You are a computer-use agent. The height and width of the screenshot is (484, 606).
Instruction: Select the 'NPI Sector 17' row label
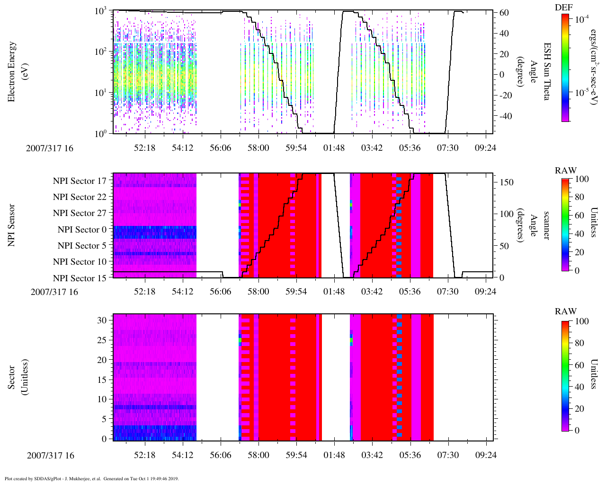click(x=80, y=181)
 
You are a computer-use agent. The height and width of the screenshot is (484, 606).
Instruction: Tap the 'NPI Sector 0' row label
click(x=82, y=230)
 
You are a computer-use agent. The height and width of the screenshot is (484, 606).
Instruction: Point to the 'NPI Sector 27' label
click(x=80, y=213)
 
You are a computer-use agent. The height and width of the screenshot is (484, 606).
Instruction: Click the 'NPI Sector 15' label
click(x=80, y=278)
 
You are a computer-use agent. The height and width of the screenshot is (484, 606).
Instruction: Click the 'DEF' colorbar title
click(x=563, y=8)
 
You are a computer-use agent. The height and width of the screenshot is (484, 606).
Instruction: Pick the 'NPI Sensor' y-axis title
click(x=12, y=225)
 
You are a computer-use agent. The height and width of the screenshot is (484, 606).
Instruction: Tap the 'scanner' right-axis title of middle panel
click(x=547, y=225)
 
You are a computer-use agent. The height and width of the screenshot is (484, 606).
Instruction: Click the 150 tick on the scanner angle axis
click(x=507, y=182)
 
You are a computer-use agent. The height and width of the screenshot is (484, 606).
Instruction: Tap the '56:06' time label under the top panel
click(x=220, y=148)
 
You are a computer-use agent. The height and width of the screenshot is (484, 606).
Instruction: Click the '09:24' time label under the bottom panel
click(x=485, y=456)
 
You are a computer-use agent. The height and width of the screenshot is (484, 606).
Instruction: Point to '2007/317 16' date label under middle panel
click(x=54, y=292)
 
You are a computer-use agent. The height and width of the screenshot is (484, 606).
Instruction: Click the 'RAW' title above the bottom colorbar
click(x=566, y=311)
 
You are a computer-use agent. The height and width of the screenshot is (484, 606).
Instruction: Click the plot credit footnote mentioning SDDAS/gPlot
click(x=91, y=478)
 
